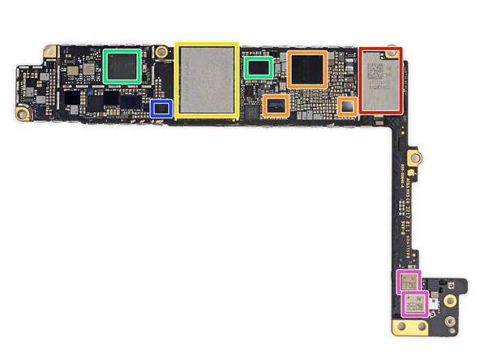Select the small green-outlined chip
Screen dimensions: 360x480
coord(258,67)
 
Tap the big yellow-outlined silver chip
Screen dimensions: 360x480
coord(207,79)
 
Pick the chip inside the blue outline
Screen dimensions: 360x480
coord(161,107)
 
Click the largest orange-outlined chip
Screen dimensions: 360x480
coord(306,69)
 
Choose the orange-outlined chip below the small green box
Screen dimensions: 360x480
coord(276,105)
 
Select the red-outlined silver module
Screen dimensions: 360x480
coord(379,79)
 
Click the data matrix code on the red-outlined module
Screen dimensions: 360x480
coord(377,70)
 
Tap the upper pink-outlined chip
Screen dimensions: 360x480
coord(409,282)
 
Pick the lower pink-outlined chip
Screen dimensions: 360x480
coord(414,305)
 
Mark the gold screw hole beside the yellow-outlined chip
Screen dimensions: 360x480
coord(164,53)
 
